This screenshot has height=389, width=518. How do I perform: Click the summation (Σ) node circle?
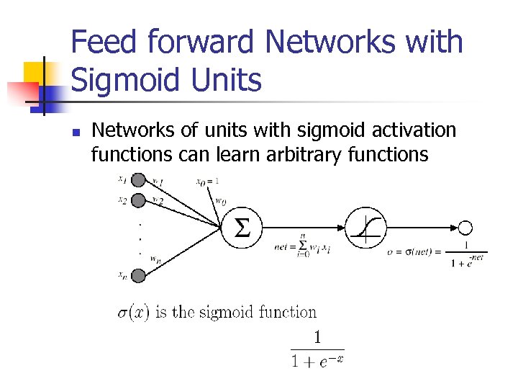(243, 228)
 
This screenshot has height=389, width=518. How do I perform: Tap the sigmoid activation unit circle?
(367, 228)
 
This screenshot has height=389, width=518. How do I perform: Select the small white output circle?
(465, 228)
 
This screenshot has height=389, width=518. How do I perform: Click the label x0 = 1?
(207, 180)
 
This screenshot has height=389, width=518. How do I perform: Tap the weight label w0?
(221, 202)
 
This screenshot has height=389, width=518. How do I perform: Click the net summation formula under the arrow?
(303, 246)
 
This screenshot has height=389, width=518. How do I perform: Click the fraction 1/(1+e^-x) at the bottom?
(317, 349)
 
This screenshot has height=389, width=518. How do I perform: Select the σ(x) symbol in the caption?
(133, 312)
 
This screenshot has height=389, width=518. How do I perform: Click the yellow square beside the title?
(40, 76)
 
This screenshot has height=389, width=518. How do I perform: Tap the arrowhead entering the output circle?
(455, 228)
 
